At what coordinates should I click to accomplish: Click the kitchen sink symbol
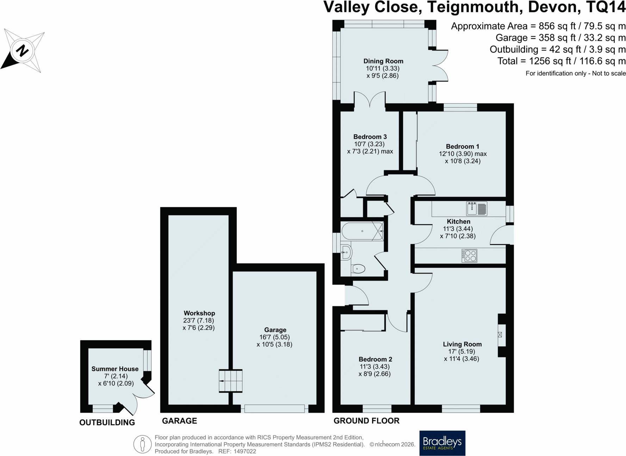tap(477, 209)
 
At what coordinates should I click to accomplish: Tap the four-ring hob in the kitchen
tap(470, 256)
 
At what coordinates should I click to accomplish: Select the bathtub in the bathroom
tap(362, 231)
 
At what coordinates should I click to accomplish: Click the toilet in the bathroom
tap(358, 269)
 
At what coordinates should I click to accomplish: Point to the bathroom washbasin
tap(346, 252)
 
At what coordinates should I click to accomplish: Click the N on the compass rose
tap(23, 51)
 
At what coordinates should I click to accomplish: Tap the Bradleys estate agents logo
tap(442, 443)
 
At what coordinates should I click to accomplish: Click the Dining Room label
tap(383, 61)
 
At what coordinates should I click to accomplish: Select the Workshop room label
tap(199, 313)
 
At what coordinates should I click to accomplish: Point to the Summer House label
tap(115, 369)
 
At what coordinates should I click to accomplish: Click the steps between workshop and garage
tap(231, 381)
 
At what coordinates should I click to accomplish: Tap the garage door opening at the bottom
tap(274, 408)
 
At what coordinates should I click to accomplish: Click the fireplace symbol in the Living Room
tap(500, 335)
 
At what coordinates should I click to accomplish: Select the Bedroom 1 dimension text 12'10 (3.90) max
tap(463, 154)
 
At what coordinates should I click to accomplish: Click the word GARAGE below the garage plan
tap(179, 421)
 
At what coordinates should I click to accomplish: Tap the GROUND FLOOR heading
tap(366, 421)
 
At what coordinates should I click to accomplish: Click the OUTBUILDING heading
tap(107, 423)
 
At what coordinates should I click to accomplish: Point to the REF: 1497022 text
tap(237, 451)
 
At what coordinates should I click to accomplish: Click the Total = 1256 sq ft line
tap(562, 61)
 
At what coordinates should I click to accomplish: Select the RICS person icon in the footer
tap(142, 444)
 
